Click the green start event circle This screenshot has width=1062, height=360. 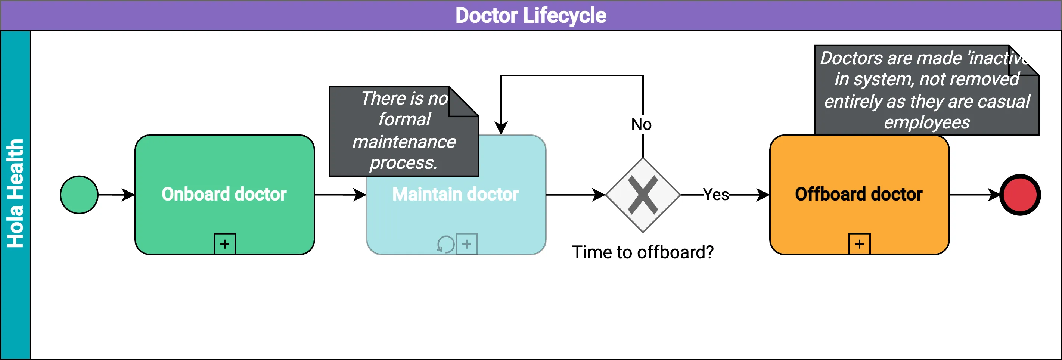pyautogui.click(x=79, y=195)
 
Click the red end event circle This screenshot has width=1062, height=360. pyautogui.click(x=1020, y=195)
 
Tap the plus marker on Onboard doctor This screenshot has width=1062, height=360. pyautogui.click(x=225, y=244)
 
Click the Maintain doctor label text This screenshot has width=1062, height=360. pyautogui.click(x=455, y=194)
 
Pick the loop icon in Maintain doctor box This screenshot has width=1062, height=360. pyautogui.click(x=445, y=244)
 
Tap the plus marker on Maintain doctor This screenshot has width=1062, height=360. pyautogui.click(x=467, y=244)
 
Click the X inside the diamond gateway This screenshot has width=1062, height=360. pyautogui.click(x=643, y=195)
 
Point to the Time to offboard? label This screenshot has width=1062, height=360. pyautogui.click(x=643, y=252)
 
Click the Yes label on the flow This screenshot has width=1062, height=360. pyautogui.click(x=716, y=194)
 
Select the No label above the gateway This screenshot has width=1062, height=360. pyautogui.click(x=642, y=124)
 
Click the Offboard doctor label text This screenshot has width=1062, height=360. pyautogui.click(x=859, y=194)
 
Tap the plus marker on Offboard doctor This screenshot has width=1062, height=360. pyautogui.click(x=860, y=244)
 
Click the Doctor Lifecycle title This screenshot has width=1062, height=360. pyautogui.click(x=531, y=15)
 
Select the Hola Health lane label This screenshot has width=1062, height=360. pyautogui.click(x=16, y=193)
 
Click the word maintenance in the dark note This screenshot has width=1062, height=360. pyautogui.click(x=404, y=142)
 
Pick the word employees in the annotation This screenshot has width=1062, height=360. pyautogui.click(x=927, y=122)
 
